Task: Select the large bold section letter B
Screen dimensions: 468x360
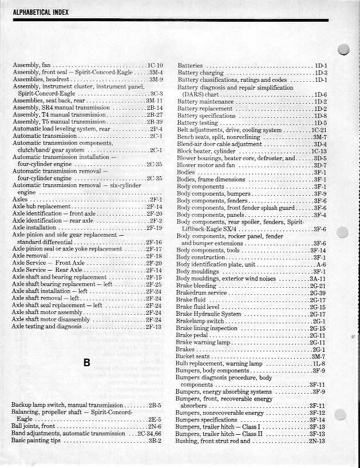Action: (x=86, y=362)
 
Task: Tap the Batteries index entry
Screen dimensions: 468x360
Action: (x=191, y=66)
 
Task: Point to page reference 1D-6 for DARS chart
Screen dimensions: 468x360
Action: (x=321, y=94)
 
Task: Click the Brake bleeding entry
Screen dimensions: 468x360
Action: (x=196, y=285)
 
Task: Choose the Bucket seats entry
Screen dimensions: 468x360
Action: (x=192, y=356)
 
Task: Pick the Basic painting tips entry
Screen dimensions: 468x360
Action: (x=36, y=441)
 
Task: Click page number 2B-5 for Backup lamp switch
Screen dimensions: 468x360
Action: (x=155, y=405)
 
